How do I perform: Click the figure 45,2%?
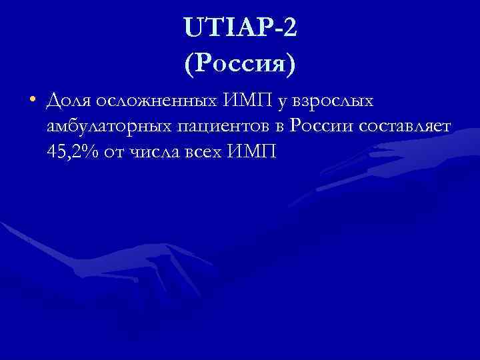pos(74,153)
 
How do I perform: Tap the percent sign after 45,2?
pos(93,153)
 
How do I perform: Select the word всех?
pos(207,153)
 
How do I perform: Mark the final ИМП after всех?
pos(251,152)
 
